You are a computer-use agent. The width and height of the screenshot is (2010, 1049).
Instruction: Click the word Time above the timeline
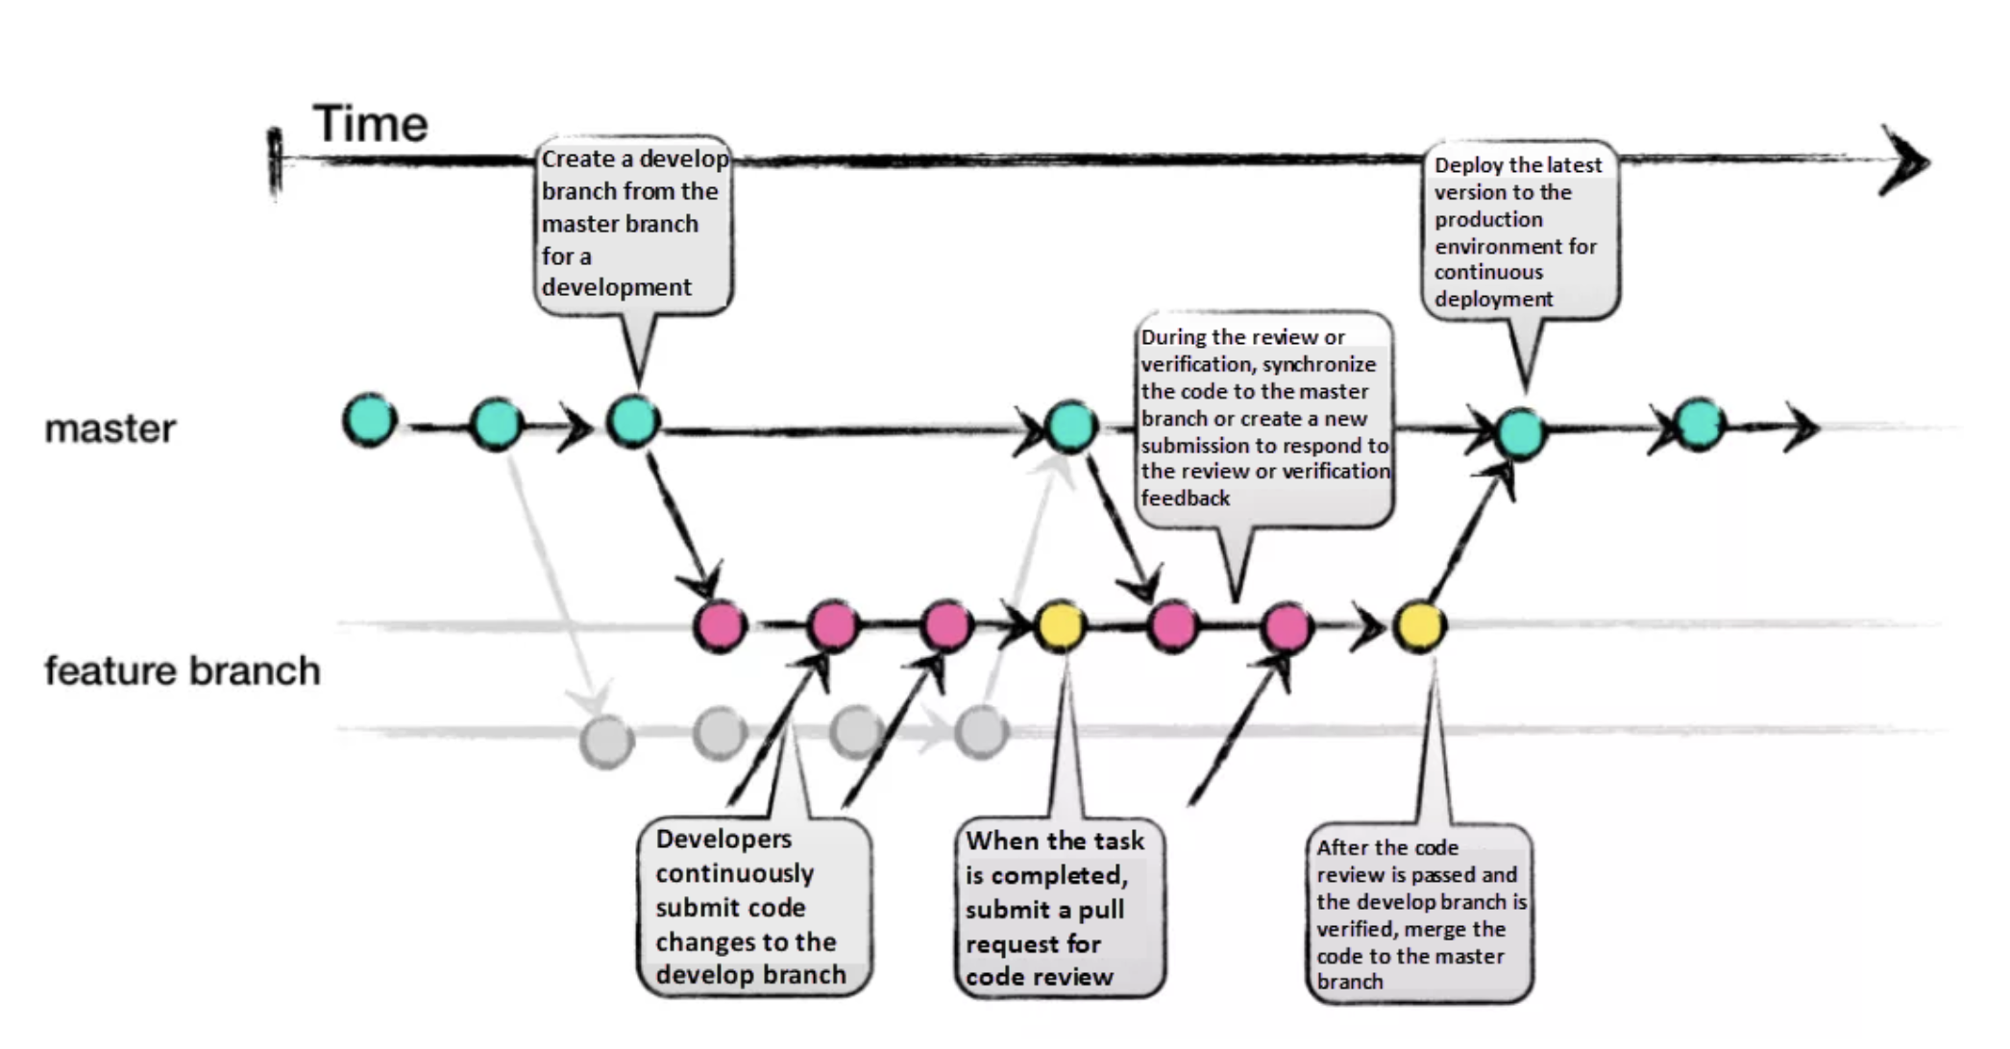pyautogui.click(x=370, y=125)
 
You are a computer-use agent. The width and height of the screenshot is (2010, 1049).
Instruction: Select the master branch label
pyautogui.click(x=110, y=428)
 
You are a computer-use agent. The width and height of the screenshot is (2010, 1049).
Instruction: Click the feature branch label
pyautogui.click(x=182, y=671)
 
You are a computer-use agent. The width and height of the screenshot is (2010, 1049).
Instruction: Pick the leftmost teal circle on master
pyautogui.click(x=370, y=420)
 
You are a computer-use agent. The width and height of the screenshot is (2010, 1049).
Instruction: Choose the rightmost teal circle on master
pyautogui.click(x=1699, y=424)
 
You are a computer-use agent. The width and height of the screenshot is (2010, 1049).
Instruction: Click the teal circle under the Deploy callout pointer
pyautogui.click(x=1521, y=433)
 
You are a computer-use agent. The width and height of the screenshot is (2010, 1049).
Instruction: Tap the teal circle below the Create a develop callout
pyautogui.click(x=633, y=421)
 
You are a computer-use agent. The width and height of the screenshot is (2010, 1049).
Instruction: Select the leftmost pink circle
pyautogui.click(x=720, y=626)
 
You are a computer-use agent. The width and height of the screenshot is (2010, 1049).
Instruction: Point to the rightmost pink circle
pyautogui.click(x=1287, y=627)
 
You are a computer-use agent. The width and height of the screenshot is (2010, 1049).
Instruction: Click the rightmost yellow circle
pyautogui.click(x=1420, y=626)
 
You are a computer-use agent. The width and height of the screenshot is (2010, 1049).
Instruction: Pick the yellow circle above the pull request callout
pyautogui.click(x=1061, y=626)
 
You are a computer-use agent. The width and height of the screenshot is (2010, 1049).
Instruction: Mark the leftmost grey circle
pyautogui.click(x=606, y=742)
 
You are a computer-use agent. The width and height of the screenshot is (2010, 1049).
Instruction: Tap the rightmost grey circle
pyautogui.click(x=981, y=733)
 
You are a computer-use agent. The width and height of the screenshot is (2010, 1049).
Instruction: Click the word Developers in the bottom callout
pyautogui.click(x=723, y=839)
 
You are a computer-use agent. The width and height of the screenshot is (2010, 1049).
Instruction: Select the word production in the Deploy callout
pyautogui.click(x=1488, y=219)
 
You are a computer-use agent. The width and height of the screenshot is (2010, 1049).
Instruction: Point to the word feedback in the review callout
pyautogui.click(x=1185, y=498)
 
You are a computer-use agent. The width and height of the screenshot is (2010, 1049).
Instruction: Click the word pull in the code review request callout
pyautogui.click(x=1101, y=910)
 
